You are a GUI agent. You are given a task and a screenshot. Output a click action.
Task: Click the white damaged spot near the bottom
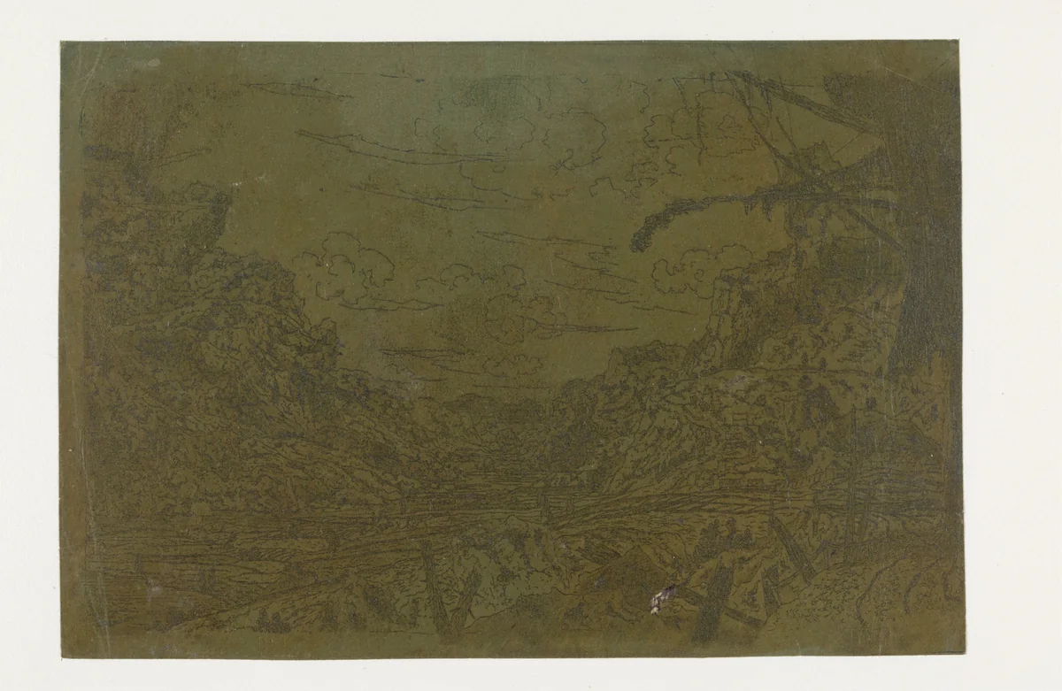click(657, 601)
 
